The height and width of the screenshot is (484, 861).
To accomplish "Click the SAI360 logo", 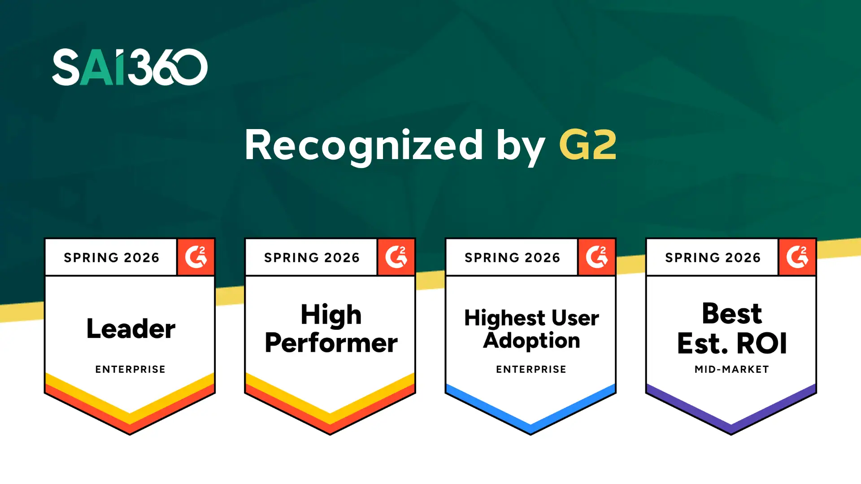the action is (x=130, y=67).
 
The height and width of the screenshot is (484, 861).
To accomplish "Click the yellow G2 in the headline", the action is (x=588, y=145).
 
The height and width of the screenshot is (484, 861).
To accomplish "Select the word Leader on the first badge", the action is (x=131, y=328).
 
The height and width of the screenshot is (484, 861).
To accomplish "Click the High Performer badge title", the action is (x=331, y=329).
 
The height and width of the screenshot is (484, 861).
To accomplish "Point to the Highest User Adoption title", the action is (x=531, y=329).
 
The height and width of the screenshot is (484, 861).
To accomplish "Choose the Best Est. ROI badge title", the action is (x=732, y=328).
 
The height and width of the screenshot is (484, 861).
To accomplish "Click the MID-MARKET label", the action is (x=732, y=369).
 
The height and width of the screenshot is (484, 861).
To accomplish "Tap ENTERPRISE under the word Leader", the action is (x=130, y=369).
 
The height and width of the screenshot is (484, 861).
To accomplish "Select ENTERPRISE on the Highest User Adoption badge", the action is (x=531, y=369).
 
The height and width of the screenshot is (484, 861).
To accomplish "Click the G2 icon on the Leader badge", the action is (x=196, y=257).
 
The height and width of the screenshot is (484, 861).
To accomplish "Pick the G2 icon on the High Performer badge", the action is (x=396, y=257).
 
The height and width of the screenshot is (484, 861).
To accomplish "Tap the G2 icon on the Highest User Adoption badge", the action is (x=597, y=257).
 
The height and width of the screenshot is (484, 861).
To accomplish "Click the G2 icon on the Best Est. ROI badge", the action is (x=797, y=257).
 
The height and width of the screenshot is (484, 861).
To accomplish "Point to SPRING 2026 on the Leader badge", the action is (x=112, y=258).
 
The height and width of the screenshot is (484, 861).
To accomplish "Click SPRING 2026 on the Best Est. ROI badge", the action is (x=713, y=258).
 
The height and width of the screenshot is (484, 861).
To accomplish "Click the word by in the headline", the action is (x=521, y=148).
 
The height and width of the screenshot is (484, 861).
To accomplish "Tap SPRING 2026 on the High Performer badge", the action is (x=312, y=258).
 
